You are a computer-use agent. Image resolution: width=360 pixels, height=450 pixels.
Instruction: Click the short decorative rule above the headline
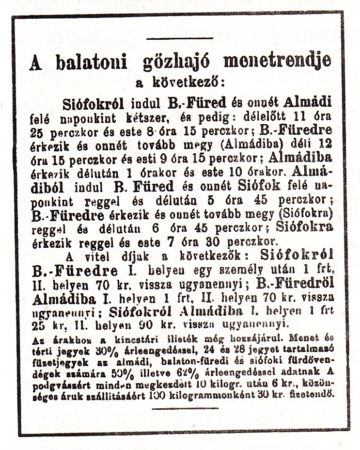[180, 38]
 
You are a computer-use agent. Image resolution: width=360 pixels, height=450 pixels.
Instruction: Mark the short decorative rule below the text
[178, 408]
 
